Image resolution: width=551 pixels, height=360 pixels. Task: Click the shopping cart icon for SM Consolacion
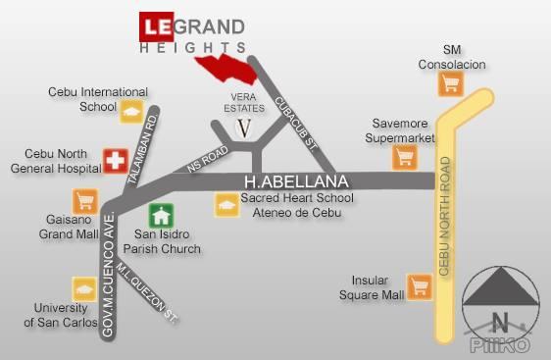click(x=451, y=83)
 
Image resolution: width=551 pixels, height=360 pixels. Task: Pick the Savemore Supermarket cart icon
click(x=404, y=156)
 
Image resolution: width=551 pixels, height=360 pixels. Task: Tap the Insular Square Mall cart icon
click(x=421, y=286)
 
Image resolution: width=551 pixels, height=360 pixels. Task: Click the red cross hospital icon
click(x=115, y=160)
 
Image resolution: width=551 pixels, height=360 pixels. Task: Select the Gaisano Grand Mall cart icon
click(x=83, y=200)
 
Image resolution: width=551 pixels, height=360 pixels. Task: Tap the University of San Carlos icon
click(x=83, y=288)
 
